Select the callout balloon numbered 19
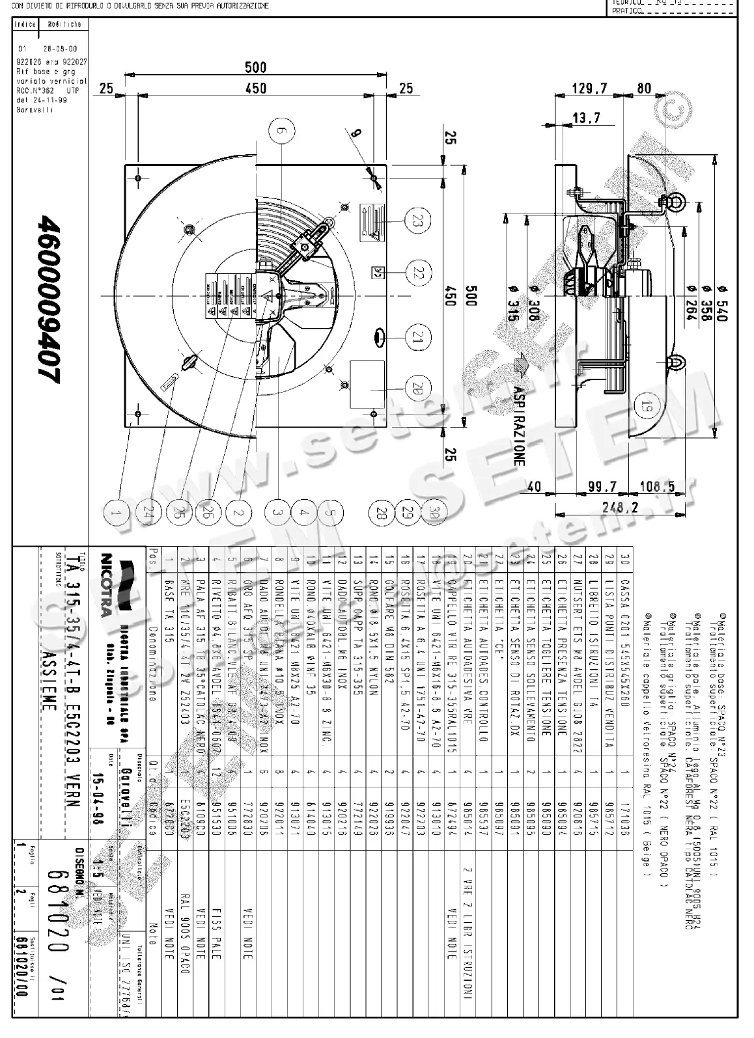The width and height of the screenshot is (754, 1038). [646, 408]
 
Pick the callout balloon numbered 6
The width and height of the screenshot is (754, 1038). [281, 131]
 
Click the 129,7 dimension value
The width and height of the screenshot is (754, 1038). [590, 88]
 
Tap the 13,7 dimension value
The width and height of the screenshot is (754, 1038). [586, 118]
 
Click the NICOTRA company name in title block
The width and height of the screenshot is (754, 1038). [105, 584]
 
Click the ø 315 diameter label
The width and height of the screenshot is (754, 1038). [513, 304]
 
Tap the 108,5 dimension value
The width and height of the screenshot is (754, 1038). [658, 487]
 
